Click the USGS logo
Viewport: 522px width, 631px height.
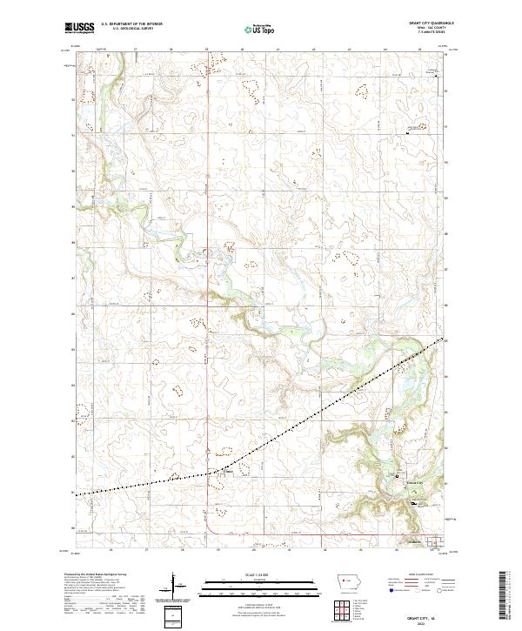click(x=80, y=29)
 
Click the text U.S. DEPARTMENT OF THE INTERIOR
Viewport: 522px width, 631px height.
click(x=132, y=24)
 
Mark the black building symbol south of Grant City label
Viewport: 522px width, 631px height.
click(x=415, y=502)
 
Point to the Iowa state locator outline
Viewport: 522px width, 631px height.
click(x=348, y=584)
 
